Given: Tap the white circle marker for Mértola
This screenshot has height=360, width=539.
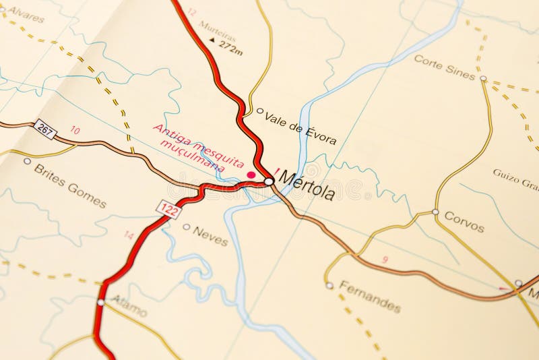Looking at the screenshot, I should [269, 181].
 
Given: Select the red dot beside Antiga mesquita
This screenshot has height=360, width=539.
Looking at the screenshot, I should [251, 175].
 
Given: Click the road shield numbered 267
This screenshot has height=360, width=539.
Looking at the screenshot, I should [44, 128].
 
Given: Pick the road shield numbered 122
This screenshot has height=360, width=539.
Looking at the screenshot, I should [169, 209].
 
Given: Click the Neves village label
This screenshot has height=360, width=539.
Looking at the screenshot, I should [210, 235].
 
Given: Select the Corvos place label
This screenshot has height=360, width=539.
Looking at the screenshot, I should [464, 222].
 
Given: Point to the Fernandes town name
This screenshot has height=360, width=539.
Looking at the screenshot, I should [370, 297].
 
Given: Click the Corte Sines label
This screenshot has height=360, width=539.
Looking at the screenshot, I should [444, 67].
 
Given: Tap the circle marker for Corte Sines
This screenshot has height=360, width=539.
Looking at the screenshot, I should [483, 78].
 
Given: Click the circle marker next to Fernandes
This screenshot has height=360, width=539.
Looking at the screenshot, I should [329, 285].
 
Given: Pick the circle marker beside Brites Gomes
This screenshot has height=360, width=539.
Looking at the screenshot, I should [27, 161].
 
